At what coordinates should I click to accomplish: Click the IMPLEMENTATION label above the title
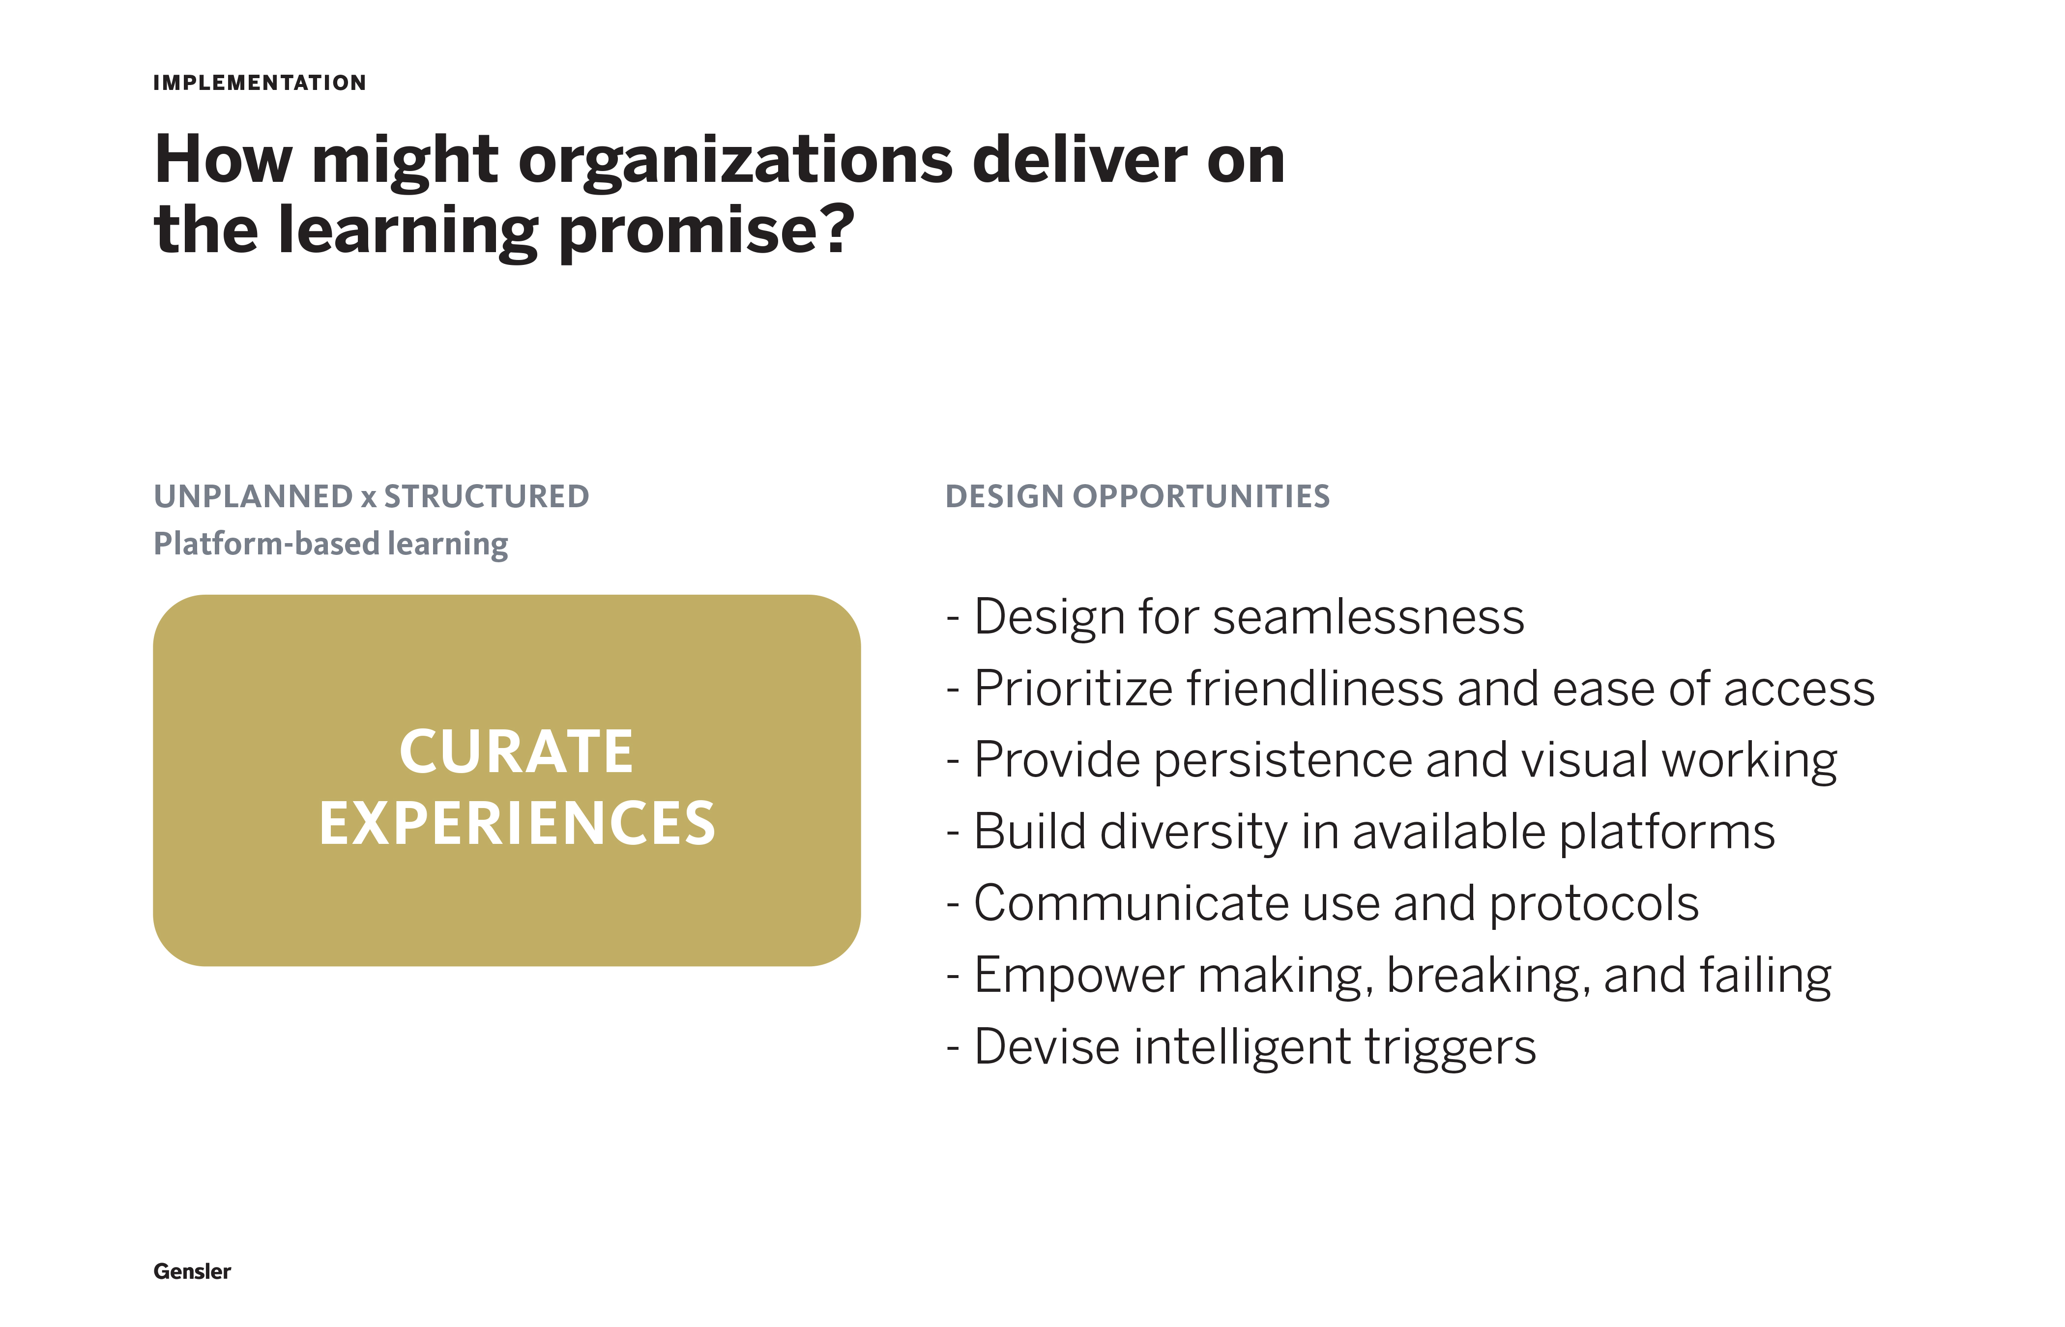pos(260,83)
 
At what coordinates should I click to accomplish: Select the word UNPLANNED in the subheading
pos(253,496)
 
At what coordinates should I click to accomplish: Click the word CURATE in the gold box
pos(516,752)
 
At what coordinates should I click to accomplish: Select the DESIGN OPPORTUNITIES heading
pos(1137,496)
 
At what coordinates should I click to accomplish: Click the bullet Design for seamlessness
pos(1235,617)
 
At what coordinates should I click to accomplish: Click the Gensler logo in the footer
pos(192,1272)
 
